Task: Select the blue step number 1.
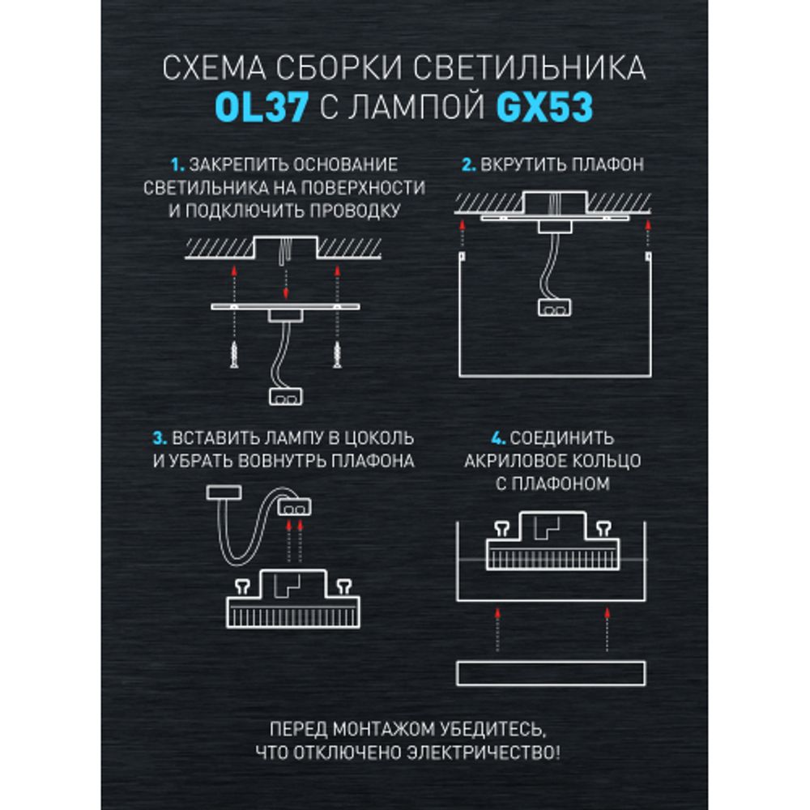pyautogui.click(x=177, y=164)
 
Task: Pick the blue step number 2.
pyautogui.click(x=467, y=164)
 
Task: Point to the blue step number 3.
pyautogui.click(x=159, y=438)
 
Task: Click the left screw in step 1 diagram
pyautogui.click(x=233, y=353)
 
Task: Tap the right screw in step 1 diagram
pyautogui.click(x=335, y=353)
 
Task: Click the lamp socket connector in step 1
pyautogui.click(x=283, y=397)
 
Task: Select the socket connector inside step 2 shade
pyautogui.click(x=555, y=307)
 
